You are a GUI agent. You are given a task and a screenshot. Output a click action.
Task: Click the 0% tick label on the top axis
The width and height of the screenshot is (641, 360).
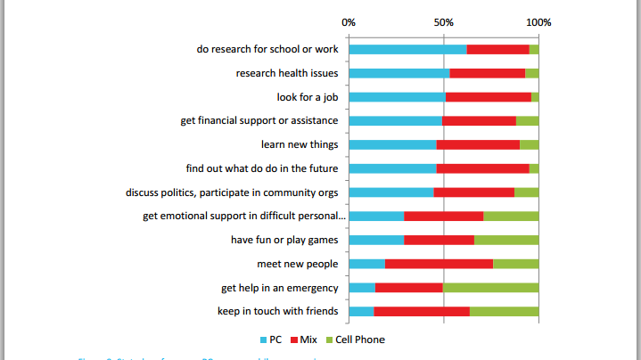point(349,21)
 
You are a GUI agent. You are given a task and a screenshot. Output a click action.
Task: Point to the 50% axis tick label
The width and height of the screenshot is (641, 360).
point(443,21)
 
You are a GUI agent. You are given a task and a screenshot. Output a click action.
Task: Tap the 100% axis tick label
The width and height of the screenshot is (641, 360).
point(538,21)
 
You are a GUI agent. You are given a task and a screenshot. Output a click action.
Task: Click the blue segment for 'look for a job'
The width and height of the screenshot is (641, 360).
point(397,96)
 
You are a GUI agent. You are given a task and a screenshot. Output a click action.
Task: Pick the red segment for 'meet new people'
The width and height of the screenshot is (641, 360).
point(439,264)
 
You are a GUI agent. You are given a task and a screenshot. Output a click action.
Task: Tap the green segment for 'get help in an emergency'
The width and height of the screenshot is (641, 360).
point(490,287)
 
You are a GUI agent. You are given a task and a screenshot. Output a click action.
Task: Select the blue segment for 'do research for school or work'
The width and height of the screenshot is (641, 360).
point(407,49)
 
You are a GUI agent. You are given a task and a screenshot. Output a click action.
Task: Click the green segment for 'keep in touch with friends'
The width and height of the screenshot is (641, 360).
point(504,311)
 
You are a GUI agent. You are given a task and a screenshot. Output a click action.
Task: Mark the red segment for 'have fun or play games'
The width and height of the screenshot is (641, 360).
point(439,240)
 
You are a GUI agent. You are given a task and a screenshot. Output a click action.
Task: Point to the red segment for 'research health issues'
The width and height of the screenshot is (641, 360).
point(487,73)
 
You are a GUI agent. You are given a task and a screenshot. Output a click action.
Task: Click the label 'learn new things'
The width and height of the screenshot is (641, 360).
point(300,144)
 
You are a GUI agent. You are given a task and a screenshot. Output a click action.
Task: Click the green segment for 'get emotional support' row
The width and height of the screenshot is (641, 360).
point(511,216)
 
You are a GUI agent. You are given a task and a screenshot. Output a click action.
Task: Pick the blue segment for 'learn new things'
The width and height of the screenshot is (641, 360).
point(392,144)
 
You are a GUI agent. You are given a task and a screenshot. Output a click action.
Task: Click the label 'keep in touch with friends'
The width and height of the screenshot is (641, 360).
point(277,311)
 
